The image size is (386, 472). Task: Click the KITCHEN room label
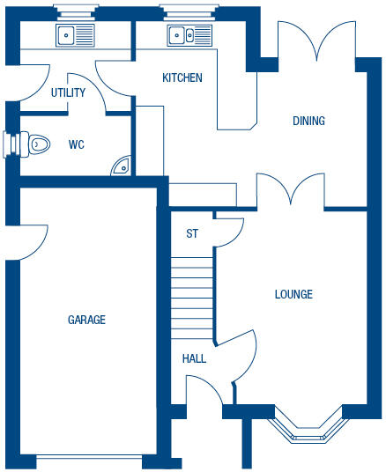click(182, 77)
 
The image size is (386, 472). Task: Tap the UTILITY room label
click(68, 92)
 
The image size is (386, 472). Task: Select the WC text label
click(76, 144)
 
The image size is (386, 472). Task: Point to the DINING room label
click(308, 121)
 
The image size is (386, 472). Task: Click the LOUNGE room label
click(293, 294)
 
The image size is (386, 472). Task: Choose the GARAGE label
click(86, 320)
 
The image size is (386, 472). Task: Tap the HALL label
click(194, 358)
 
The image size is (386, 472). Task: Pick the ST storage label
click(191, 233)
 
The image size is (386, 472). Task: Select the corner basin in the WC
click(122, 165)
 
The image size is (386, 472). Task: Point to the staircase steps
click(192, 294)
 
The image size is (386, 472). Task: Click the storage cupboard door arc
click(230, 231)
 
